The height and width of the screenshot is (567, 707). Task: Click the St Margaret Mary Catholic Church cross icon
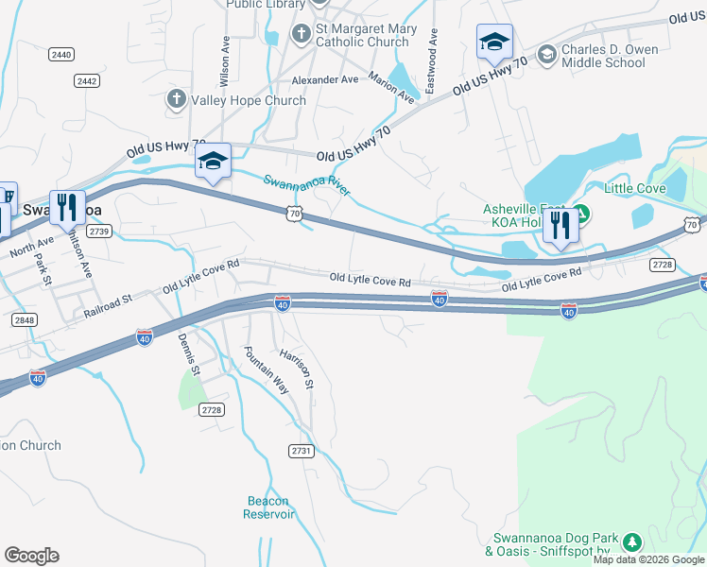[301, 34]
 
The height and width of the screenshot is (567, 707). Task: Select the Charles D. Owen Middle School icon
[545, 55]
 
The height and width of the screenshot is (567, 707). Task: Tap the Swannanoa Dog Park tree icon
[630, 542]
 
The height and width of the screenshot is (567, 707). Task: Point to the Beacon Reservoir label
[269, 507]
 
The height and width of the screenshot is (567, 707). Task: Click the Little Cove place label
[634, 188]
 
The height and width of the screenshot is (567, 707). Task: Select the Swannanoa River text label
[306, 185]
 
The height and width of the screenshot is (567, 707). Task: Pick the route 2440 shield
[62, 55]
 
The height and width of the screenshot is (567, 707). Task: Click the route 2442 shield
[87, 81]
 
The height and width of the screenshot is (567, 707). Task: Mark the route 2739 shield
[99, 231]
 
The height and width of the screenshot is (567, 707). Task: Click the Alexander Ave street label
[325, 80]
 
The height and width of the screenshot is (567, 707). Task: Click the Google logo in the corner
[31, 555]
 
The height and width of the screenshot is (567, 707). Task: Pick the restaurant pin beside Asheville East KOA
[560, 227]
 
